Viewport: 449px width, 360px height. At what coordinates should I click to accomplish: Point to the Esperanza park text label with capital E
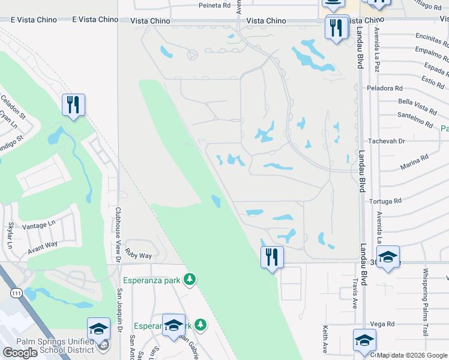[151, 279]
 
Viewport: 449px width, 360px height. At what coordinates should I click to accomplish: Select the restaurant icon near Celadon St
[74, 105]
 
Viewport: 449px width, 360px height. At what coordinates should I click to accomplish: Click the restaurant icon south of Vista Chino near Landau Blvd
[336, 27]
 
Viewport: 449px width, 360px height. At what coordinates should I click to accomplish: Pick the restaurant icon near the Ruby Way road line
[272, 257]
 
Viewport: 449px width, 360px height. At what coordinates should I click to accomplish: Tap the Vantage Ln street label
[38, 226]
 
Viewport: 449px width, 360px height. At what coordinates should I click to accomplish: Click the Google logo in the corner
[20, 353]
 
